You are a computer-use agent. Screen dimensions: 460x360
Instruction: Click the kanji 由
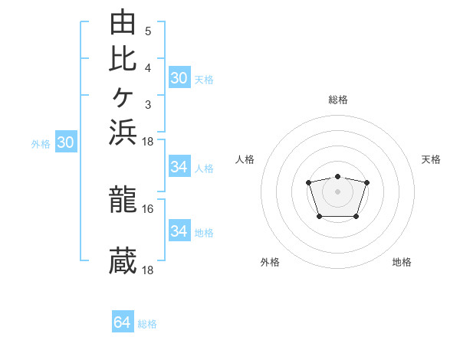tap(123, 21)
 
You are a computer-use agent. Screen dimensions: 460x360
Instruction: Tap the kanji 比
tap(123, 59)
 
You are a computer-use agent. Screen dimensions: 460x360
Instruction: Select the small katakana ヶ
tap(123, 97)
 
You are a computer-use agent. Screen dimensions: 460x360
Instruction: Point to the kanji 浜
tap(123, 133)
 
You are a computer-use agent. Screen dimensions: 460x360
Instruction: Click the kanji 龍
tap(123, 199)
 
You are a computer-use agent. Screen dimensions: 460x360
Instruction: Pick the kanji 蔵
tap(123, 260)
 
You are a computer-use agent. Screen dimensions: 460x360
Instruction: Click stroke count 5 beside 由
tap(148, 31)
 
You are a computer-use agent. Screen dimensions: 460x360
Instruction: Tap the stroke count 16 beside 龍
tap(147, 209)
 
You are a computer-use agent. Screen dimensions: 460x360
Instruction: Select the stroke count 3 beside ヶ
tap(148, 105)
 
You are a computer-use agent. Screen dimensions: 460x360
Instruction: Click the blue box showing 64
tap(123, 321)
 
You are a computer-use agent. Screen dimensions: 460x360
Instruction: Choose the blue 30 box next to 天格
tap(179, 77)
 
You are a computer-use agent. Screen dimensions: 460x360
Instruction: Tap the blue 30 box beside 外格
tap(66, 141)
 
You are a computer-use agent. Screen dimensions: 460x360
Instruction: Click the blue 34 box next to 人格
tap(179, 166)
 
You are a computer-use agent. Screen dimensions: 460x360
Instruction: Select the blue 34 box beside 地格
tap(179, 230)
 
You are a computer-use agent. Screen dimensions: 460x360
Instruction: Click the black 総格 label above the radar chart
tap(338, 100)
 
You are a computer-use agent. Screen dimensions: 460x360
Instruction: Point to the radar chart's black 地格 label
tap(402, 262)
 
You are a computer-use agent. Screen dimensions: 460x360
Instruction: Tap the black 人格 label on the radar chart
tap(245, 159)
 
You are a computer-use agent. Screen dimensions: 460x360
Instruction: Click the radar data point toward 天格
tap(366, 182)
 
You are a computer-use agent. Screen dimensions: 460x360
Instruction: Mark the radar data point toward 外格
tap(320, 217)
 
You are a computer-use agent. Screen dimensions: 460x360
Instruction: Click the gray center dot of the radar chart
tap(337, 191)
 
